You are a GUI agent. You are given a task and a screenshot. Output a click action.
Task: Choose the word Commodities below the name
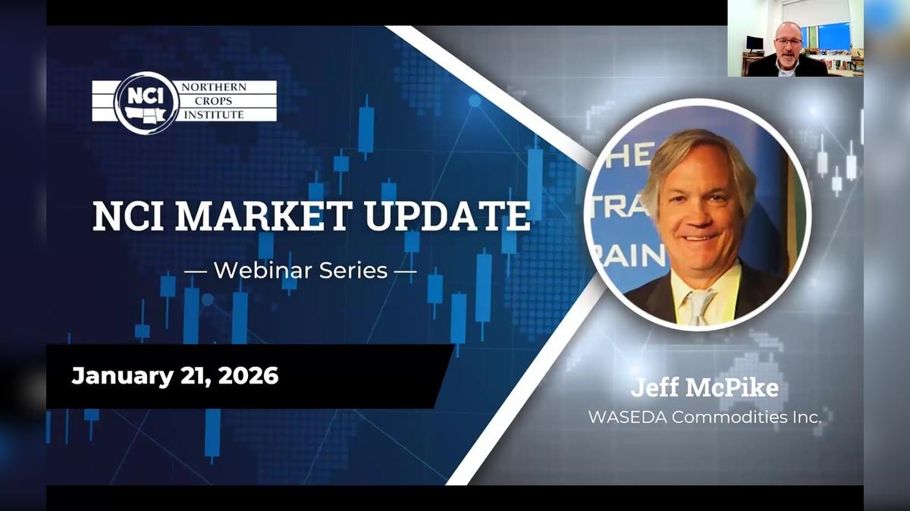[731, 417]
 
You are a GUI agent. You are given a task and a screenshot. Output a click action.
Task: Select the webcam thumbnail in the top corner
[795, 38]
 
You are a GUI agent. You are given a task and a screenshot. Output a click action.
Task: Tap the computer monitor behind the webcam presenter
[755, 42]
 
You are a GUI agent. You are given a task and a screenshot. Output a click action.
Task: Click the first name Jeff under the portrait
[654, 389]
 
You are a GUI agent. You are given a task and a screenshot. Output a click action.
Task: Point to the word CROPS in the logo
[212, 102]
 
